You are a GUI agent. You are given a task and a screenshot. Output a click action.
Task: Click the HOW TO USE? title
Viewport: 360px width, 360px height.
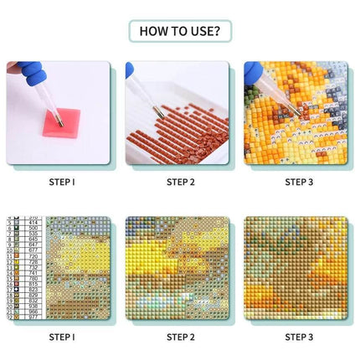pyautogui.click(x=179, y=32)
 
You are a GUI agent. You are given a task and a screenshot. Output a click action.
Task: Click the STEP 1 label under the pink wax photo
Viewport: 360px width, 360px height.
pyautogui.click(x=62, y=181)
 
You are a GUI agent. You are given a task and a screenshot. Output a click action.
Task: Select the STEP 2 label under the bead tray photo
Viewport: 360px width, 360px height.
pyautogui.click(x=180, y=181)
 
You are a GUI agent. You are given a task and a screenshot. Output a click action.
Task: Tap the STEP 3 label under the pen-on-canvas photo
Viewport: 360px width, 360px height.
pyautogui.click(x=298, y=181)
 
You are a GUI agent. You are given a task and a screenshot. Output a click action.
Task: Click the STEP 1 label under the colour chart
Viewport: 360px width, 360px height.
pyautogui.click(x=62, y=337)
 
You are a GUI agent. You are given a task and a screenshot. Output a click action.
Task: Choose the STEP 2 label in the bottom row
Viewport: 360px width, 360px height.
pyautogui.click(x=180, y=337)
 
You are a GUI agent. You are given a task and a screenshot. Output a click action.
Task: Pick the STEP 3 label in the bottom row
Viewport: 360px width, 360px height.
pyautogui.click(x=298, y=337)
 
